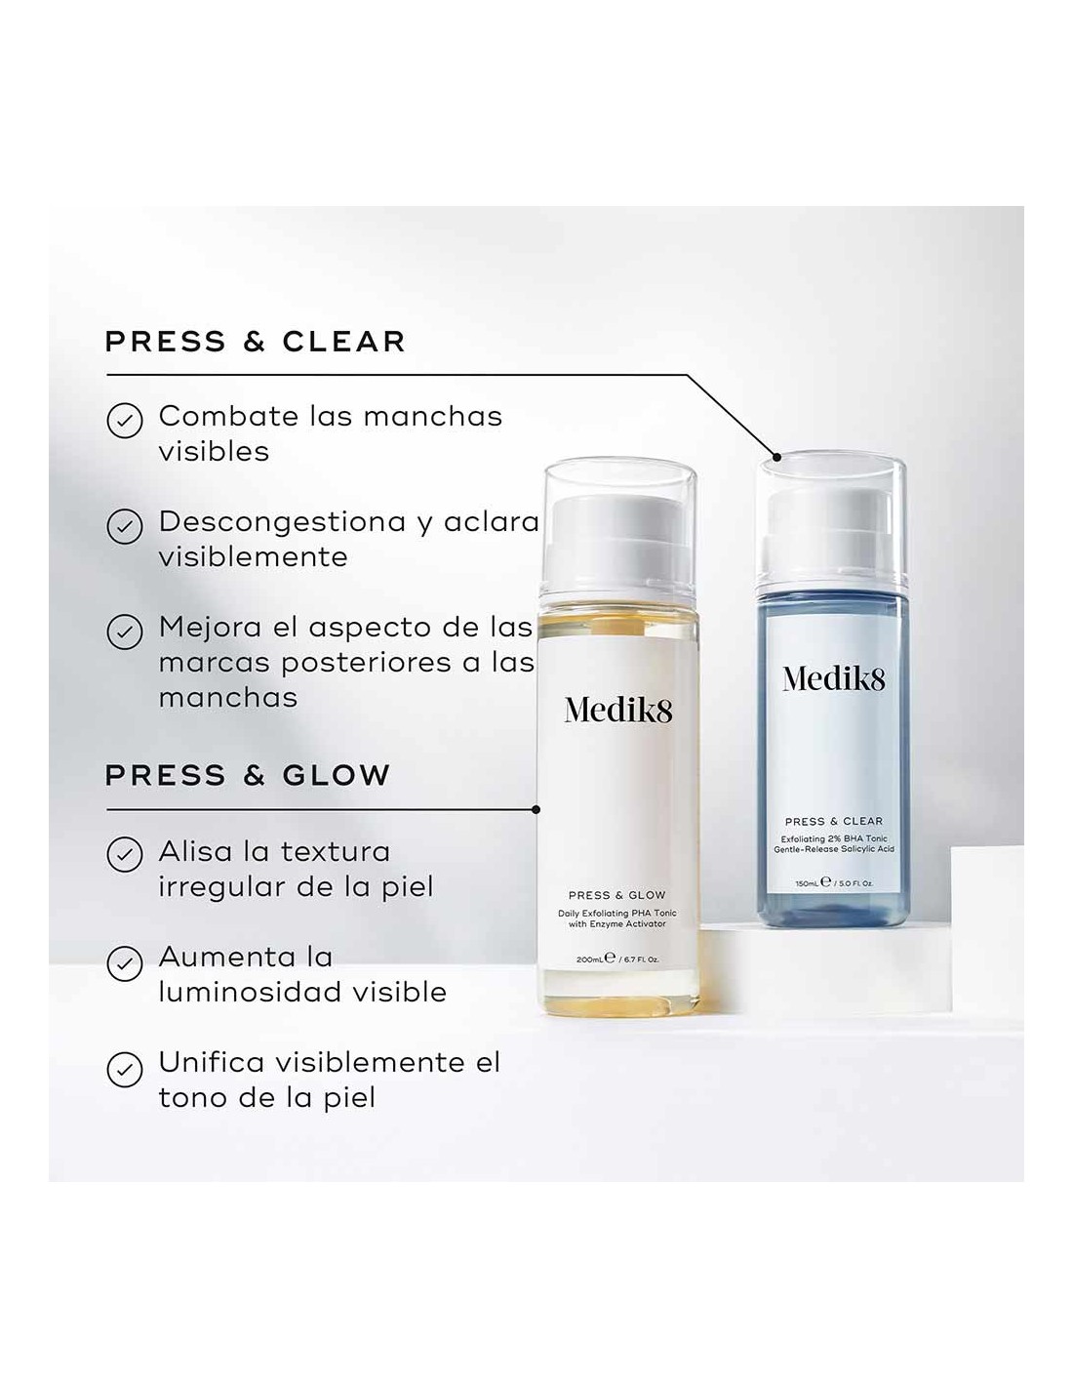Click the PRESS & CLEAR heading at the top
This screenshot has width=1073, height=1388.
point(255,342)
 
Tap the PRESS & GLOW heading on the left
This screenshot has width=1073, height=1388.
point(247,775)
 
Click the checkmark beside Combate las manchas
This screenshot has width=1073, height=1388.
point(125,421)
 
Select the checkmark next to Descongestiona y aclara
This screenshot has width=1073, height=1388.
point(125,526)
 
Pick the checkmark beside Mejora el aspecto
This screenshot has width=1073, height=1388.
point(125,632)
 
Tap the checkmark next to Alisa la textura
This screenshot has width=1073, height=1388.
point(125,855)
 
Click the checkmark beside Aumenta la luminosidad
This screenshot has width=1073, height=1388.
point(125,962)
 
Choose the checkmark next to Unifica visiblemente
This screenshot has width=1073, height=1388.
point(125,1069)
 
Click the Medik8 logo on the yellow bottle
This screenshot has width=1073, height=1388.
point(617,711)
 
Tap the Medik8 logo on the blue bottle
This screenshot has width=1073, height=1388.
point(834,678)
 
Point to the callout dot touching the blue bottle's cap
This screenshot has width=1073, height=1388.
point(776,457)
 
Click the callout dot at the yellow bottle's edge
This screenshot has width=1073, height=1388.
point(536,809)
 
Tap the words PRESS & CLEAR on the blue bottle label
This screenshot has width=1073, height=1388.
point(834,822)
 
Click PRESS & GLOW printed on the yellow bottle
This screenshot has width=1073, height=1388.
point(616,895)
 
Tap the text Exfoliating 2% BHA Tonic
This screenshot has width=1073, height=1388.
point(834,838)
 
